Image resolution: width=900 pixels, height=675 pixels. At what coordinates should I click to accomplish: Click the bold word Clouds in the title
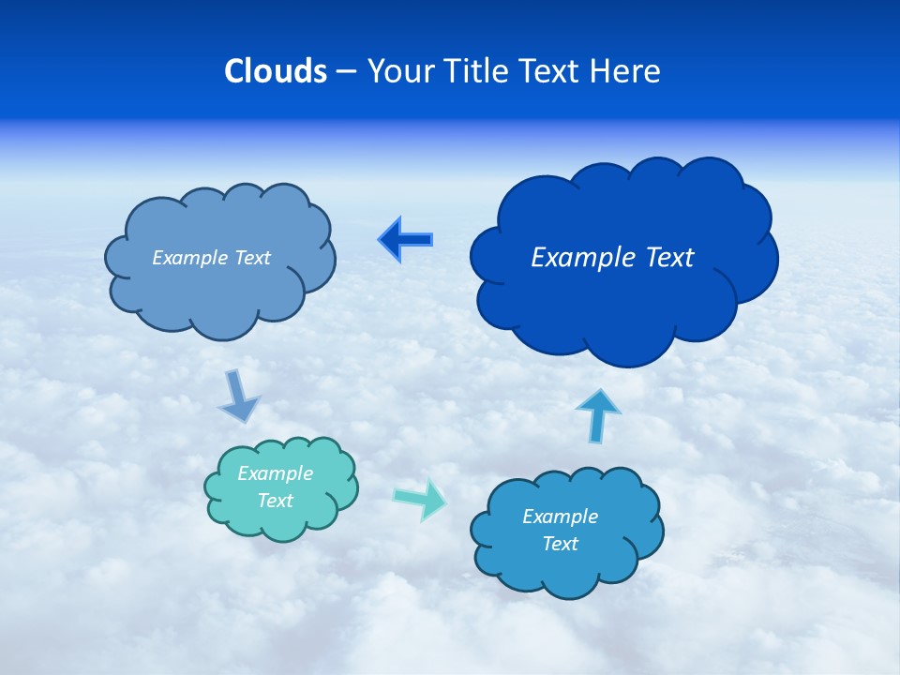(x=276, y=71)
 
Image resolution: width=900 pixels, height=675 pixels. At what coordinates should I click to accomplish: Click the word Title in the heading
(x=476, y=71)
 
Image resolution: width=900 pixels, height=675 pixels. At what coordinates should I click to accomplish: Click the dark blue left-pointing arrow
(x=406, y=240)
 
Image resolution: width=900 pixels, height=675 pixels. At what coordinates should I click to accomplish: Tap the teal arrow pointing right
(x=420, y=498)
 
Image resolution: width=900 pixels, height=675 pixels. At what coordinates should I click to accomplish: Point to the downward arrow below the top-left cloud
(x=238, y=396)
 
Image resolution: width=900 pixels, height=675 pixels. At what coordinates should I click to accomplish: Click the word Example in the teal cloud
(x=276, y=473)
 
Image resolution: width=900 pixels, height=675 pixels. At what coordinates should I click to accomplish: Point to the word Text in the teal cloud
(x=276, y=501)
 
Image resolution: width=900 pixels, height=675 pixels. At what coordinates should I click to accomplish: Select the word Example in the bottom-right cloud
(x=560, y=517)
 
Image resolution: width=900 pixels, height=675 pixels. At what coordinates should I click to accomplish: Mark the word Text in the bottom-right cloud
(x=560, y=544)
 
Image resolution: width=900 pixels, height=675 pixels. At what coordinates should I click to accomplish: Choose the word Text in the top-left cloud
(x=252, y=258)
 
